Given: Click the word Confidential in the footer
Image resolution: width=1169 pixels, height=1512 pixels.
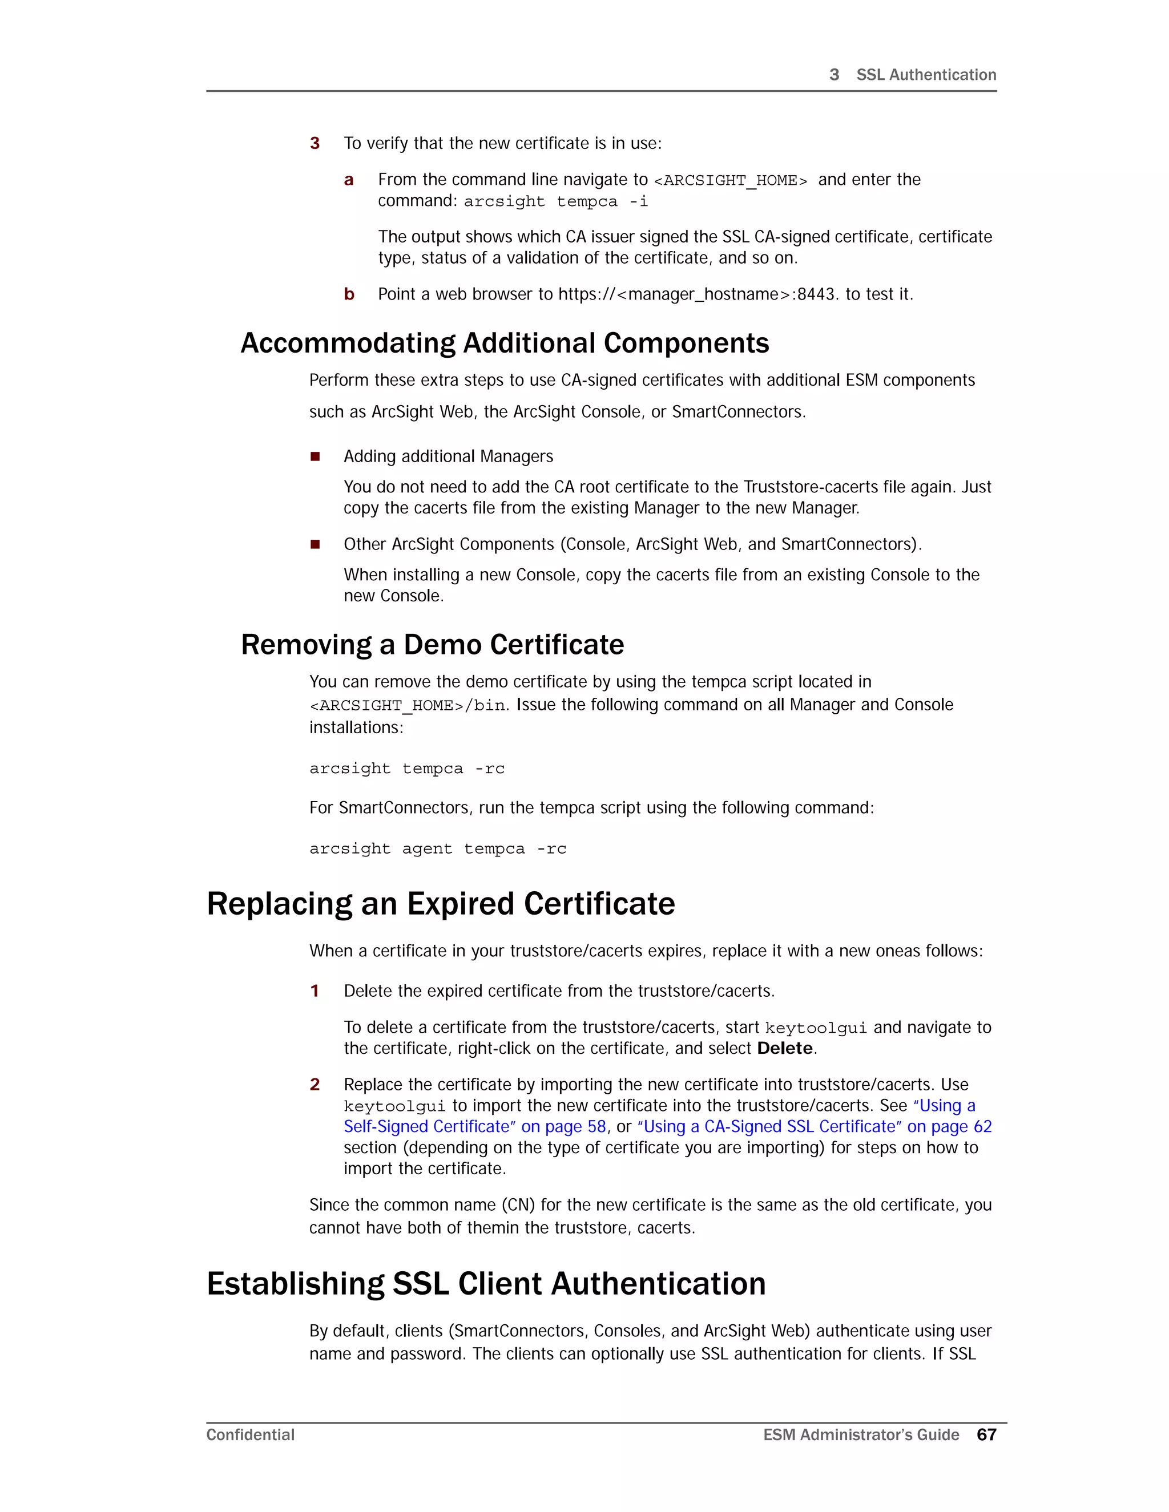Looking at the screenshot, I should [250, 1434].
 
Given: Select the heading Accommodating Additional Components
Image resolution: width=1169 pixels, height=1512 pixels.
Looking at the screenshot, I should [504, 343].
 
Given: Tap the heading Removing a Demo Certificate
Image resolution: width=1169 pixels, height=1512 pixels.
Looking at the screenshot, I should [432, 645].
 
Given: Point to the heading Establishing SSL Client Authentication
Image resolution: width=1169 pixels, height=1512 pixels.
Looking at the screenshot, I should [486, 1284].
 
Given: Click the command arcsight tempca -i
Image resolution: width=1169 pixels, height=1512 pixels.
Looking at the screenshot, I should [555, 201].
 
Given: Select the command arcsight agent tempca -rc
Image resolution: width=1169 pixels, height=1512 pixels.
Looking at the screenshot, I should [438, 849].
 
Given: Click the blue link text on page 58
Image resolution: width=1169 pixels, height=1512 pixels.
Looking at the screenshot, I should [564, 1126].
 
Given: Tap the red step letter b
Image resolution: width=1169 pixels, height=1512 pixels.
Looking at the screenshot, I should [349, 294].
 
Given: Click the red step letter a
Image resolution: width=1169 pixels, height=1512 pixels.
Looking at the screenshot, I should [349, 180].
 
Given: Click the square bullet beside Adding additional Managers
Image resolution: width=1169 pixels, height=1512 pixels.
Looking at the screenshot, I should [315, 456].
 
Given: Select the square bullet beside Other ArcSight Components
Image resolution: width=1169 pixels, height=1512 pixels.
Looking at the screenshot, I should [315, 544].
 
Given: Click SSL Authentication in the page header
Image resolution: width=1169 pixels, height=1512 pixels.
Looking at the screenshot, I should [926, 75].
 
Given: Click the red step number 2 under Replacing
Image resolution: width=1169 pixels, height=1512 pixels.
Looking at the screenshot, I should [315, 1084].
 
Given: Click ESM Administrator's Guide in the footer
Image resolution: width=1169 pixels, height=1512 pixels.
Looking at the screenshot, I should [861, 1434].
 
